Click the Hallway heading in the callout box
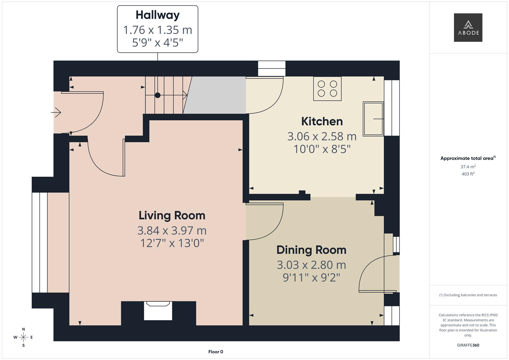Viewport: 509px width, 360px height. (x=157, y=15)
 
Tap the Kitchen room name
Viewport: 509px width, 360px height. (x=322, y=121)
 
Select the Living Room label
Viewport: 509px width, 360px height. (x=172, y=215)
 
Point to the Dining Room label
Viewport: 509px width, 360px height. (x=311, y=250)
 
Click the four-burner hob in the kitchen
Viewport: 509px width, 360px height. (x=327, y=89)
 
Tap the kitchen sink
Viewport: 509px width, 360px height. (x=373, y=119)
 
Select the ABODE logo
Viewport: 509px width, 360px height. (x=468, y=27)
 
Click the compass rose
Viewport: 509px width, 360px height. (x=23, y=337)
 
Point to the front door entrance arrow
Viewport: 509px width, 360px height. (x=56, y=112)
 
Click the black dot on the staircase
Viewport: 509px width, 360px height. (x=157, y=95)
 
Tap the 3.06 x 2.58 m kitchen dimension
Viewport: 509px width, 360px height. (x=322, y=136)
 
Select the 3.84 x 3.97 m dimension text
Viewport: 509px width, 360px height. (x=172, y=231)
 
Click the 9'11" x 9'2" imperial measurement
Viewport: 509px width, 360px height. (x=311, y=277)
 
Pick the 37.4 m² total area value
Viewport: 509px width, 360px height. (x=468, y=167)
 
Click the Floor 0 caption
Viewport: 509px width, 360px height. (x=216, y=352)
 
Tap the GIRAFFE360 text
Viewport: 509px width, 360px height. (x=468, y=345)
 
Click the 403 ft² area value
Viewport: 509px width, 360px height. (x=468, y=174)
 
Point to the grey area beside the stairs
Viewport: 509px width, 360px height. (x=216, y=95)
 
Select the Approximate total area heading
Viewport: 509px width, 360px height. (x=468, y=158)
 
